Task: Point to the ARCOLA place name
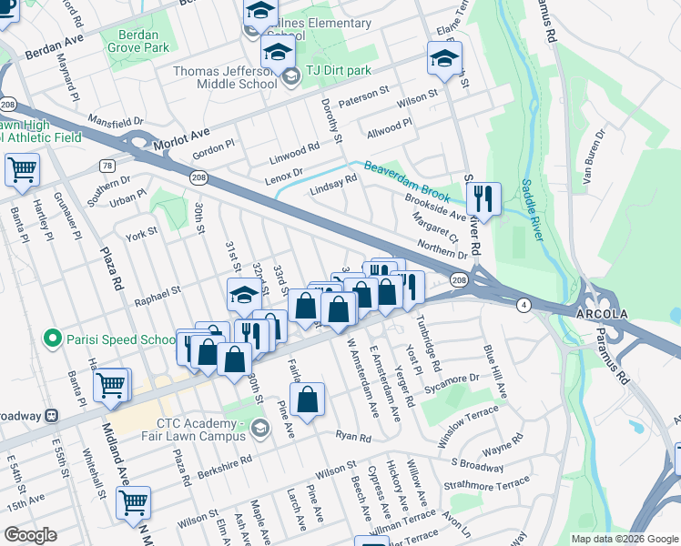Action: pos(601,313)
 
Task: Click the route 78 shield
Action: pos(107,166)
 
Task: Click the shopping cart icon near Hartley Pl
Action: pos(22,168)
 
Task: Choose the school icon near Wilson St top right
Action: pos(444,59)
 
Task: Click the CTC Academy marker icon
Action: pos(262,428)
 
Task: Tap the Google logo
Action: pos(30,535)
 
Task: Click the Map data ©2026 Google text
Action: pos(624,539)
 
